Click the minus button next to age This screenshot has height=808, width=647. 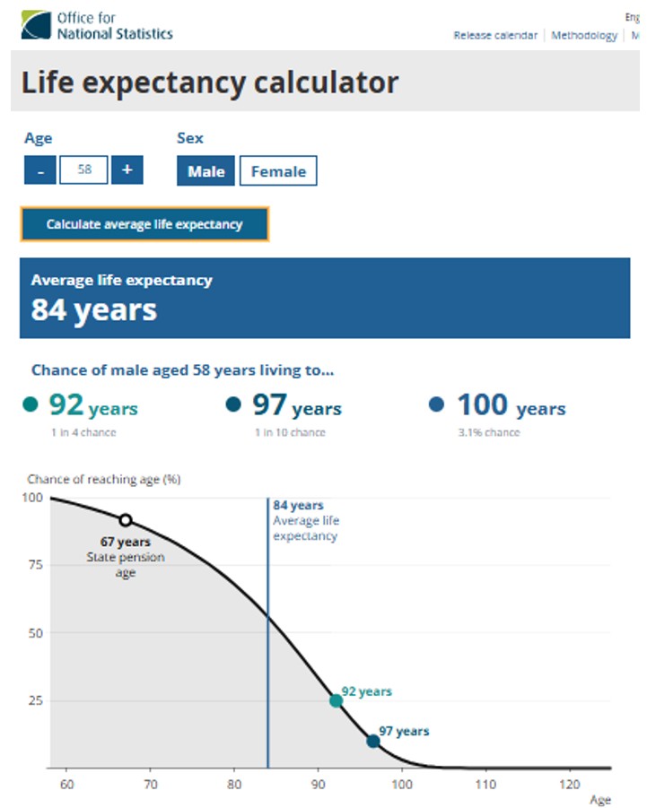click(40, 169)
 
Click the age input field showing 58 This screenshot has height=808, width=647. click(83, 169)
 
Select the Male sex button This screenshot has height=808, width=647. click(205, 171)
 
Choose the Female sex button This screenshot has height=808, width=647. click(278, 171)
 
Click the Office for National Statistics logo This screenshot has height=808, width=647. click(97, 25)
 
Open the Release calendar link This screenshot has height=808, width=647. click(494, 36)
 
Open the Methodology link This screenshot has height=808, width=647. click(583, 36)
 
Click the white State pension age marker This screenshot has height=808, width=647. click(126, 520)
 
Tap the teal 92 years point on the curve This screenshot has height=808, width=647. click(336, 700)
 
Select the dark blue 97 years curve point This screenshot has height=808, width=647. click(373, 741)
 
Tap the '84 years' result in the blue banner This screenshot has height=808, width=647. click(94, 310)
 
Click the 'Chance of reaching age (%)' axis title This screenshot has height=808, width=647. click(103, 479)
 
